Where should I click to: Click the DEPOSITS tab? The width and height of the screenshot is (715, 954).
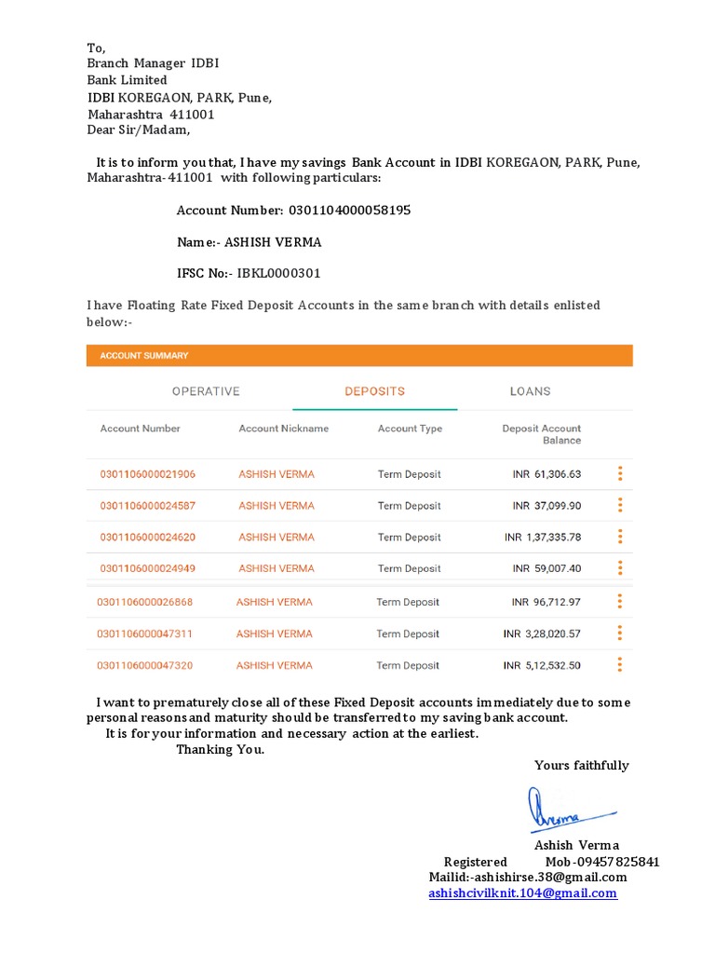(374, 391)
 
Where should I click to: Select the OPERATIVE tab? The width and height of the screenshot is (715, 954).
(206, 391)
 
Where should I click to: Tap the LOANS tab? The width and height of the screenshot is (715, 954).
(530, 391)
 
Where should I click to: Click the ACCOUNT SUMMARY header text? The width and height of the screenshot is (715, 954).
(144, 355)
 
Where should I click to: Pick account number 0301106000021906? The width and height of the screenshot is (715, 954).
(148, 474)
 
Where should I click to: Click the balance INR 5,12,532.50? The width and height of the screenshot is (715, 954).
(542, 665)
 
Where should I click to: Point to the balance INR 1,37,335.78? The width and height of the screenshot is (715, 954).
(542, 538)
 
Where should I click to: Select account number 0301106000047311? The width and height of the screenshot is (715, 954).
(145, 634)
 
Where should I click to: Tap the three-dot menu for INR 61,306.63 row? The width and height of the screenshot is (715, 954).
(620, 474)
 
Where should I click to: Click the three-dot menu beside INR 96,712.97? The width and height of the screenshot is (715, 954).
(620, 602)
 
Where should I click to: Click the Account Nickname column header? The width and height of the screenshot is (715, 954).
(283, 429)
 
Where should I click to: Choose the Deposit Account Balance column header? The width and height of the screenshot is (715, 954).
(541, 434)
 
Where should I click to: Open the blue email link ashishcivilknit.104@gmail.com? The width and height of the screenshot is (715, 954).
(522, 893)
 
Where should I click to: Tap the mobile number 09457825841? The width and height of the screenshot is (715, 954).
(615, 862)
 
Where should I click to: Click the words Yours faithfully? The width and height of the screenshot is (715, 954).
(581, 766)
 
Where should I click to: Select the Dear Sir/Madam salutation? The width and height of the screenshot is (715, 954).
(139, 130)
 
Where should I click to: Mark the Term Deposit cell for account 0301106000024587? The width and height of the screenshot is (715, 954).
(409, 506)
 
